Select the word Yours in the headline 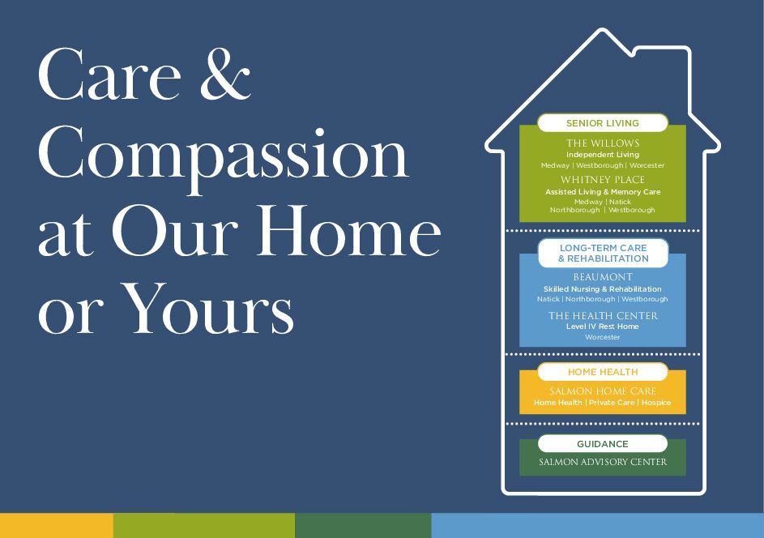[x=207, y=308]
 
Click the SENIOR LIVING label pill [x=603, y=123]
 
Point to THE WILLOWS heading [x=603, y=143]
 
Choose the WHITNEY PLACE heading [x=603, y=180]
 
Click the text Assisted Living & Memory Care [x=603, y=192]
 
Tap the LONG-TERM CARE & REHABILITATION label [x=604, y=254]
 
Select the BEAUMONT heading [x=603, y=277]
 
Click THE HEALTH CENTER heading [x=604, y=316]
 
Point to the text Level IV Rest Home [x=602, y=327]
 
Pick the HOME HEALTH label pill [x=603, y=372]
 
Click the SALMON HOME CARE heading [x=603, y=391]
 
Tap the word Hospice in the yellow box [x=656, y=403]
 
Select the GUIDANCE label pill [x=603, y=444]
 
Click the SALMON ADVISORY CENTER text [x=603, y=462]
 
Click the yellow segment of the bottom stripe [x=57, y=525]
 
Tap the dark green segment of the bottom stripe [x=363, y=525]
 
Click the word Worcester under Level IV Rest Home [x=603, y=337]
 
